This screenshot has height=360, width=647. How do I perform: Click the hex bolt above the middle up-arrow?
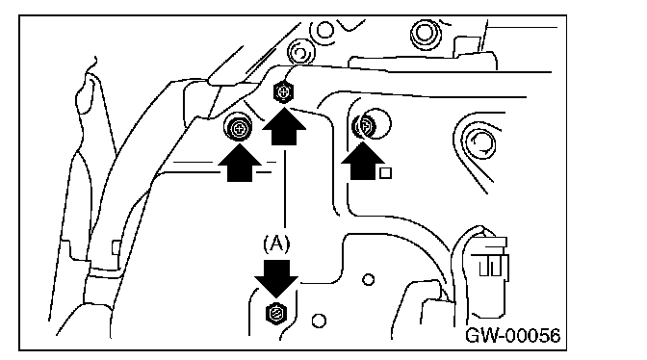pyautogui.click(x=283, y=92)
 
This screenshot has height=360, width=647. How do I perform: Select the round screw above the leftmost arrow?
pyautogui.click(x=238, y=128)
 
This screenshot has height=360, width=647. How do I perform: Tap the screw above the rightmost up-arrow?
pyautogui.click(x=364, y=126)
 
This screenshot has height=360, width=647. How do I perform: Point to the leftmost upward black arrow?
pyautogui.click(x=240, y=163)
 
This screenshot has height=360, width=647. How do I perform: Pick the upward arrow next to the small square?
pyautogui.click(x=363, y=161)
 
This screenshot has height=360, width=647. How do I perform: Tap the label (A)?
pyautogui.click(x=276, y=244)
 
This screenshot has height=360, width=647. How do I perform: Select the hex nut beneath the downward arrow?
pyautogui.click(x=276, y=314)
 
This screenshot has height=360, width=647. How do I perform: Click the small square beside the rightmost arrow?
pyautogui.click(x=385, y=173)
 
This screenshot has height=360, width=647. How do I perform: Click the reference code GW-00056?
pyautogui.click(x=513, y=335)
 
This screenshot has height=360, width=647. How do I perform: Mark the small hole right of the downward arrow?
pyautogui.click(x=369, y=280)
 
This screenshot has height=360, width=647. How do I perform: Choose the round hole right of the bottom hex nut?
pyautogui.click(x=319, y=321)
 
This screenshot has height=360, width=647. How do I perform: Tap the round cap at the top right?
pyautogui.click(x=426, y=34)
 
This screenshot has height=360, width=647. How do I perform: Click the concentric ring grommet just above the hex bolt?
pyautogui.click(x=300, y=53)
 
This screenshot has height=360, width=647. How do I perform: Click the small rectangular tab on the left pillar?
pyautogui.click(x=116, y=247)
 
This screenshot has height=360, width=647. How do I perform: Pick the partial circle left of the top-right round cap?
pyautogui.click(x=323, y=31)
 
